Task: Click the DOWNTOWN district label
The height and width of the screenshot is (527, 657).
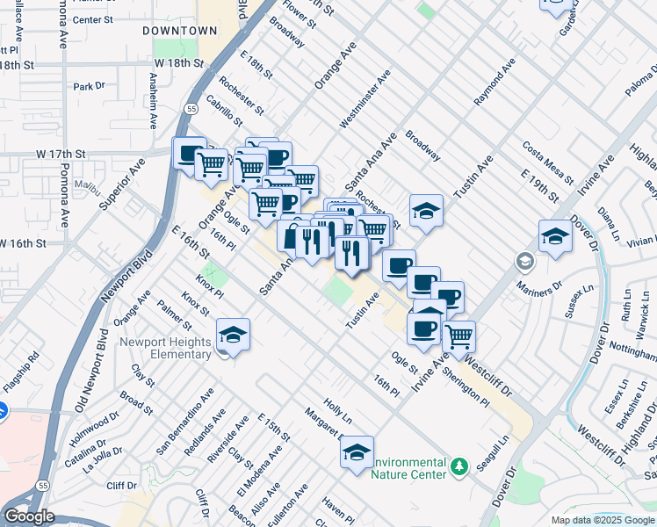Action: click(180, 30)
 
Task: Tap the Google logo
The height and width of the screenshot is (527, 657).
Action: click(30, 516)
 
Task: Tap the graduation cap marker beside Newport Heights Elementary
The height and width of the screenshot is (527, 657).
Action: click(234, 336)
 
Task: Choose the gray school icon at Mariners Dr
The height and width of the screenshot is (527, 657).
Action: click(524, 261)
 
